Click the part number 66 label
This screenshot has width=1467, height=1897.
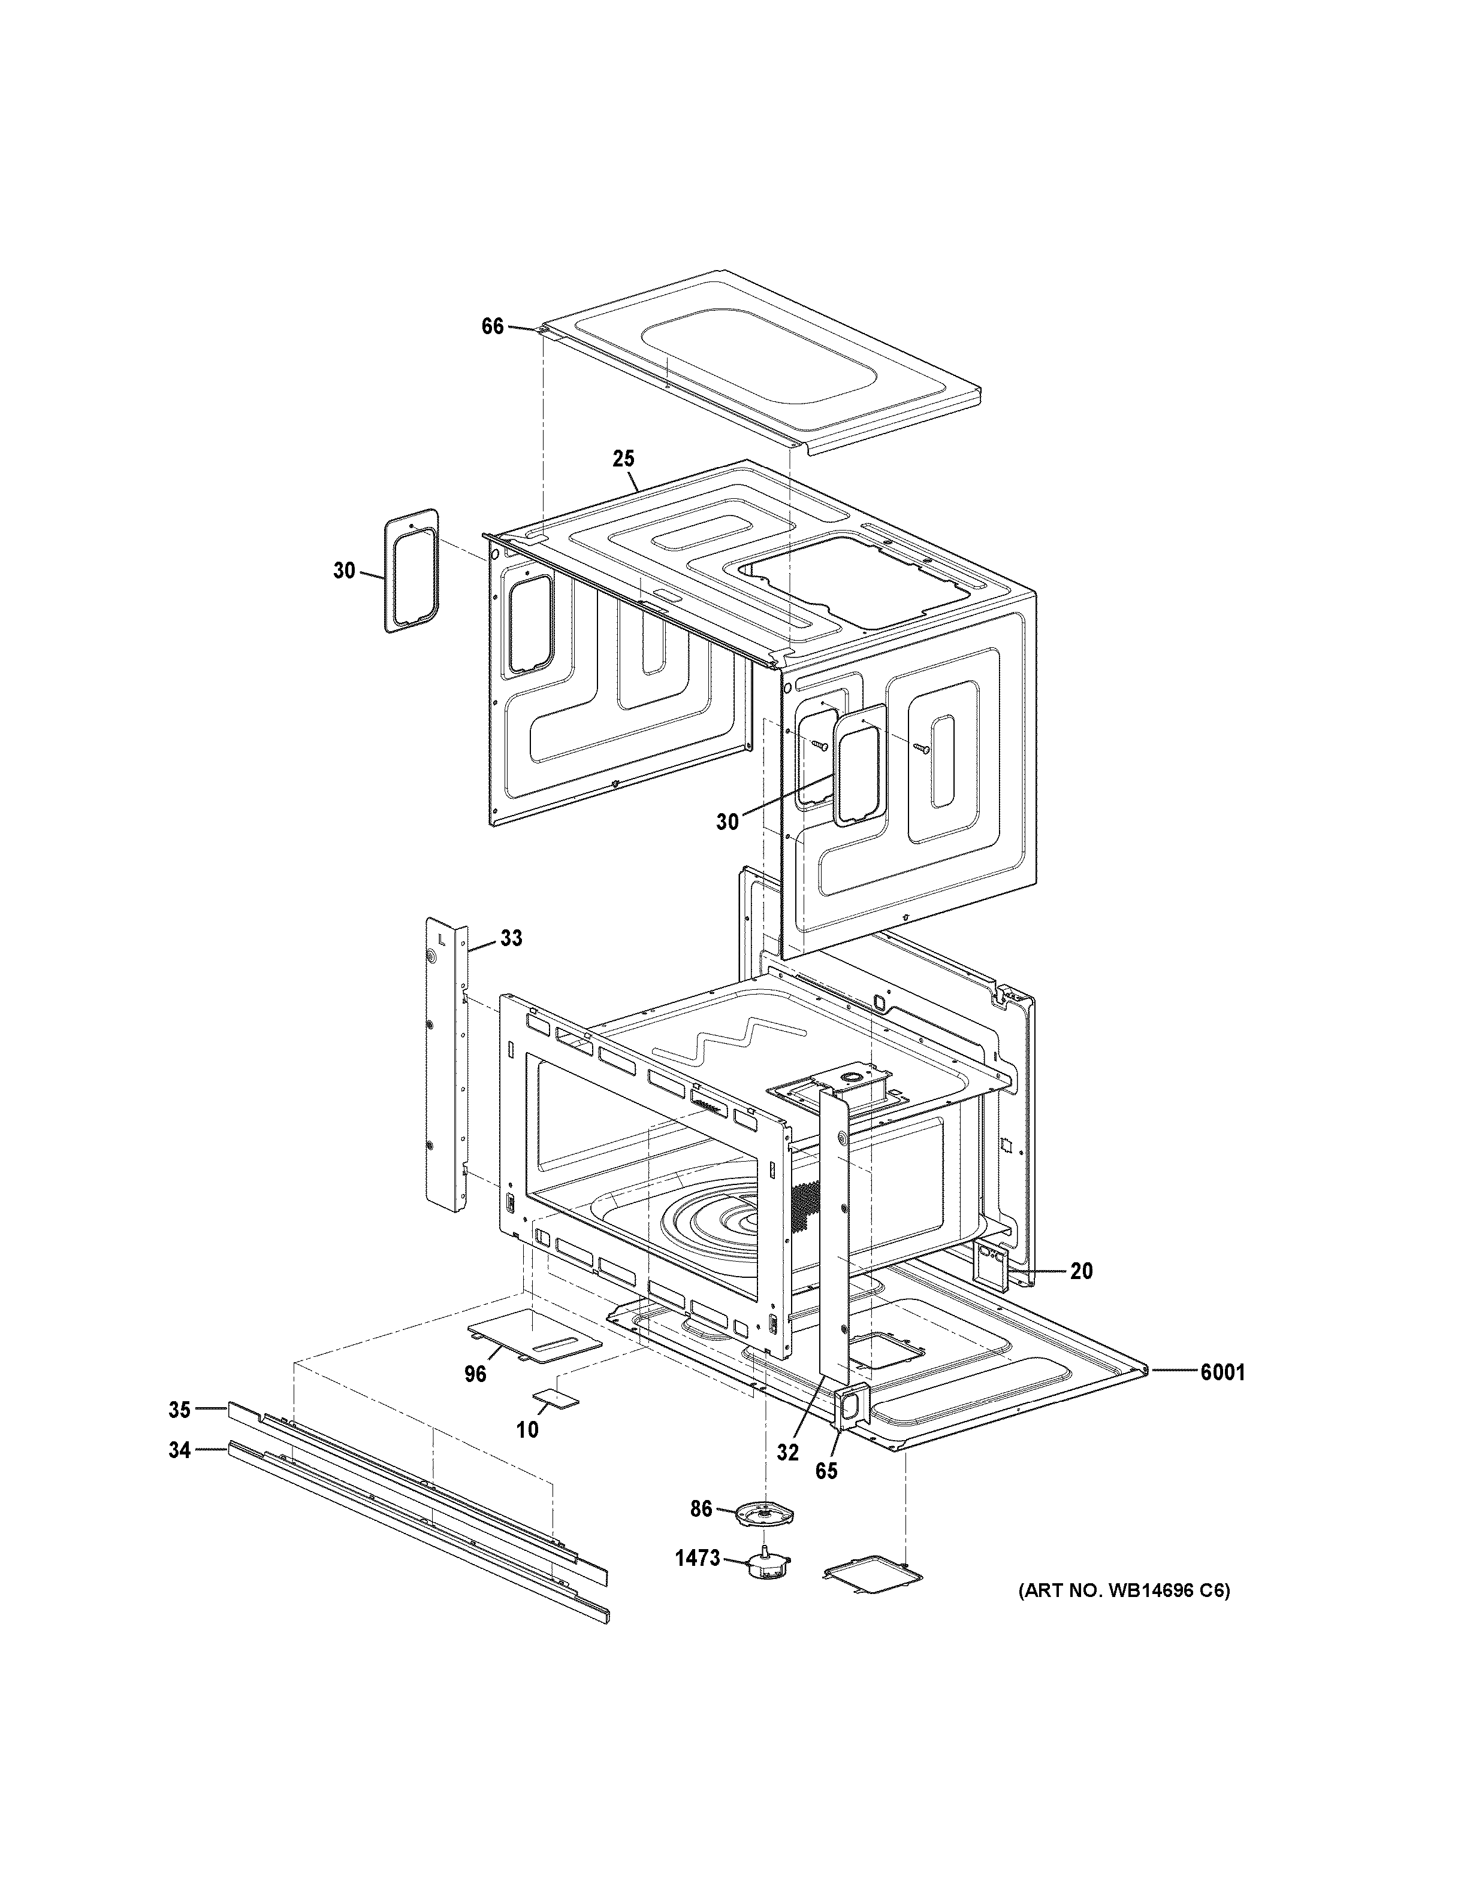[492, 326]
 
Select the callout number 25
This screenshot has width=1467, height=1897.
[623, 459]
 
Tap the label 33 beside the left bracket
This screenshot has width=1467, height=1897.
[511, 938]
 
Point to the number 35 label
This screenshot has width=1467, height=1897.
[179, 1410]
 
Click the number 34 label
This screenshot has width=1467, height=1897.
[179, 1450]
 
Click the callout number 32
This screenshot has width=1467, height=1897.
[787, 1452]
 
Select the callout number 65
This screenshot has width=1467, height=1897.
[826, 1471]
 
